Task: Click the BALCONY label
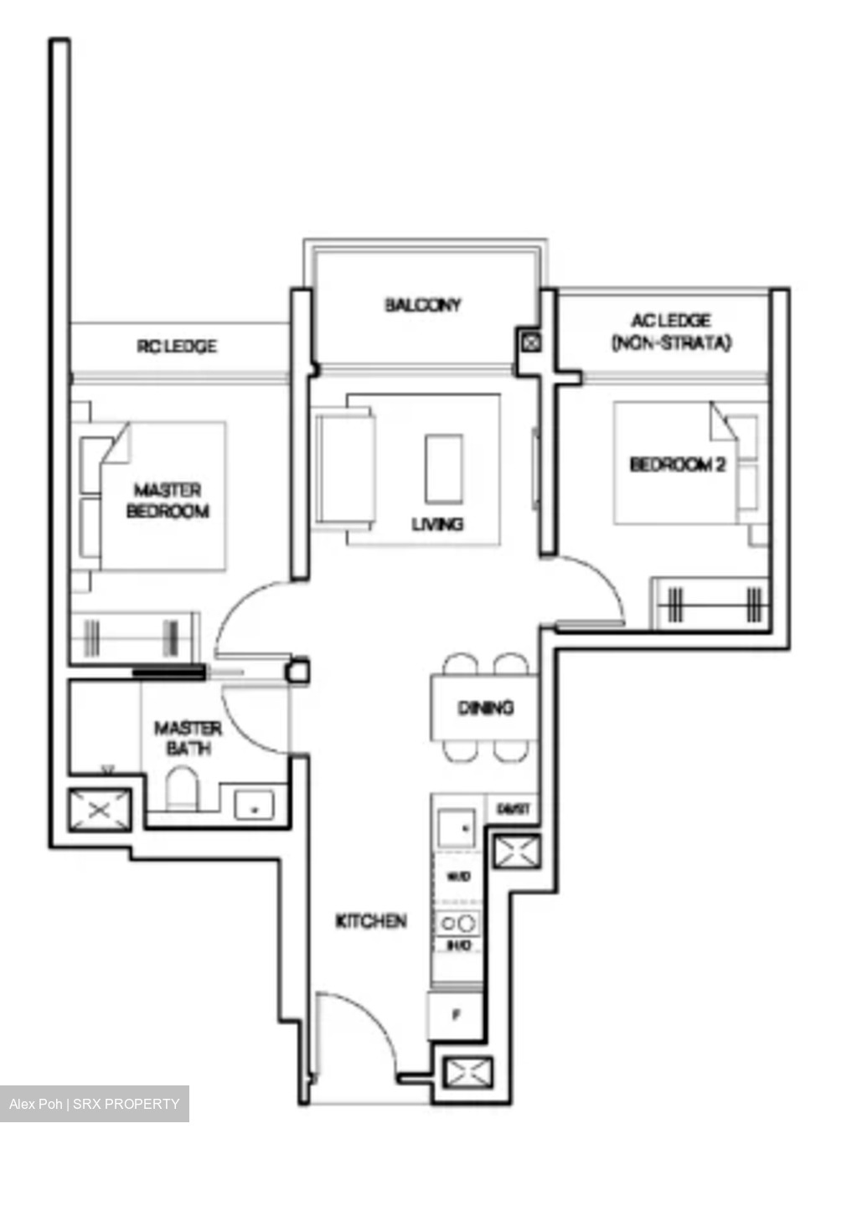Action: [423, 305]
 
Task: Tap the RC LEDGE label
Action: [177, 346]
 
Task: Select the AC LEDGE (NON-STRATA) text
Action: [671, 332]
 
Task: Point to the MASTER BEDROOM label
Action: [168, 500]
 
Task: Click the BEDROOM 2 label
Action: [677, 464]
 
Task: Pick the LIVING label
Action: [437, 524]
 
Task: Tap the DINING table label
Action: [485, 709]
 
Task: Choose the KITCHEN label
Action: [371, 921]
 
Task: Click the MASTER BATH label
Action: [188, 738]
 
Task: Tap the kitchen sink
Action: [456, 827]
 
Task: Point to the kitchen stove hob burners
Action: [457, 923]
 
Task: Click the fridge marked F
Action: [456, 1016]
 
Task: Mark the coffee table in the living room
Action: [443, 468]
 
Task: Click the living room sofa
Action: [344, 468]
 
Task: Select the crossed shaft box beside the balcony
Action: [531, 342]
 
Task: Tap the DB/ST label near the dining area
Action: [513, 809]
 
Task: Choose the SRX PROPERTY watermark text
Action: [126, 1104]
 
